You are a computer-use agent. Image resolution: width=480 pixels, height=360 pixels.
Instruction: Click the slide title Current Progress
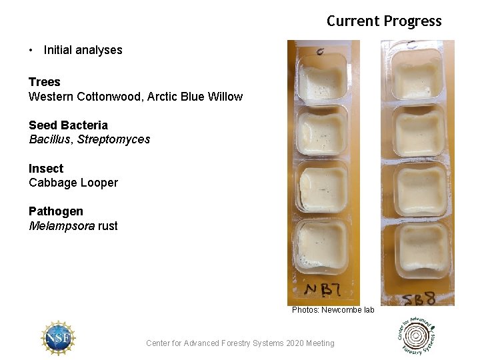(384, 21)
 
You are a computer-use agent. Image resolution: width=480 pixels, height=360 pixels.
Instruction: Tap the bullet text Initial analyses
(83, 50)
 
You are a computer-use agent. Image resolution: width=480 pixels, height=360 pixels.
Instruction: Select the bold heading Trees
(44, 82)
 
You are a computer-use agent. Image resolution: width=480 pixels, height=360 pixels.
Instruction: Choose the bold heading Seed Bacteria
(68, 125)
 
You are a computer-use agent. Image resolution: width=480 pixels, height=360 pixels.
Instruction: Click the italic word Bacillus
(50, 139)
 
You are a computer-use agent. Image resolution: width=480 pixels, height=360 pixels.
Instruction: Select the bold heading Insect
(46, 169)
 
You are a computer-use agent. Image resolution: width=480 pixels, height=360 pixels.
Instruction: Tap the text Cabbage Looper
(73, 183)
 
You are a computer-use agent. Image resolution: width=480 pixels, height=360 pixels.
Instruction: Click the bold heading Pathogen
(56, 211)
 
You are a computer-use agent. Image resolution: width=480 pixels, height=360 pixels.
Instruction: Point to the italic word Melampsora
(61, 226)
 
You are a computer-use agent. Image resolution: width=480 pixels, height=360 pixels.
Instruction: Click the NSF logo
(58, 337)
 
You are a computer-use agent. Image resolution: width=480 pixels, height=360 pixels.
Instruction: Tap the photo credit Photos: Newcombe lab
(333, 310)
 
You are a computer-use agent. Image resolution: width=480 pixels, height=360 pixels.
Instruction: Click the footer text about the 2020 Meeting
(240, 343)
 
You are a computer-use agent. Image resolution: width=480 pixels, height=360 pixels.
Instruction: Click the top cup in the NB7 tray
(322, 77)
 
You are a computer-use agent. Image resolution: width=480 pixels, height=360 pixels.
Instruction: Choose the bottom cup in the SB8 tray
(420, 246)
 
